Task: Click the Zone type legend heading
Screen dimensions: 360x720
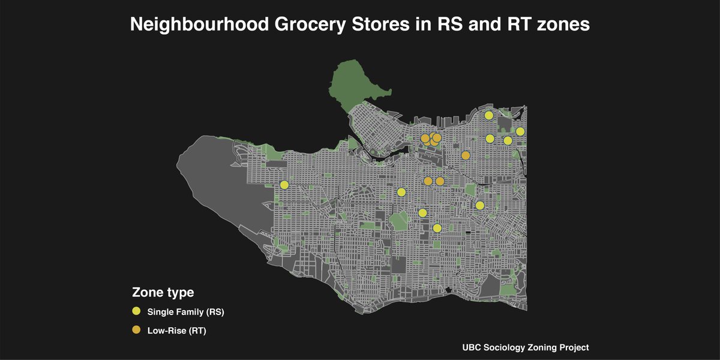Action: click(x=163, y=293)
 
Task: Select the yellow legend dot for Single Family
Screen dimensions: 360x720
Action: click(x=136, y=311)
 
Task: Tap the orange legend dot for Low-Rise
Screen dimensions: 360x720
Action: click(x=136, y=330)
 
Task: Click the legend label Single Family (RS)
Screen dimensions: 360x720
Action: click(x=185, y=312)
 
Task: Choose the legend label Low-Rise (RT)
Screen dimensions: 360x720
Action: click(x=176, y=331)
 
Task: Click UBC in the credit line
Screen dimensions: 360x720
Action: click(x=472, y=347)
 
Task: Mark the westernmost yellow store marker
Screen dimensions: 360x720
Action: click(x=284, y=185)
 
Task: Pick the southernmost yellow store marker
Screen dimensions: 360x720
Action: click(x=437, y=228)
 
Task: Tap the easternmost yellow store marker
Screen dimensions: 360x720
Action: click(x=520, y=131)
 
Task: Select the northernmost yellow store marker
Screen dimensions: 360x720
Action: click(x=489, y=115)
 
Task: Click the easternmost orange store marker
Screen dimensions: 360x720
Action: click(x=465, y=156)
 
